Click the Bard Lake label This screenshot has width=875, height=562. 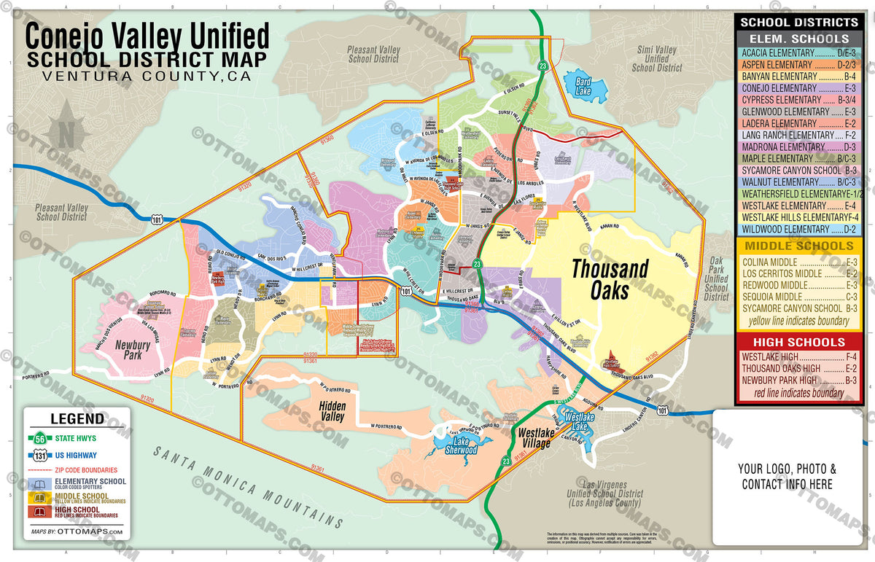pos(583,87)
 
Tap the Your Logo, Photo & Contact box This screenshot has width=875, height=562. pos(787,477)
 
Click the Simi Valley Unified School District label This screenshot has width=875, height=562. pos(656,59)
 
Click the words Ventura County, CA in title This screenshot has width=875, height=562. pos(146,77)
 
